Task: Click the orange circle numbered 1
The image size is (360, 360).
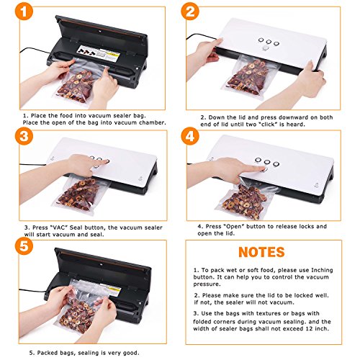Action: point(24,12)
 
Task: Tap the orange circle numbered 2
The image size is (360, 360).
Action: point(190,12)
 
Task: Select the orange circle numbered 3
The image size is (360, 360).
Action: point(24,136)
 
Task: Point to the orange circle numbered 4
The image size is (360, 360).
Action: point(190,136)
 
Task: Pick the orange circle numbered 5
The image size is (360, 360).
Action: point(24,246)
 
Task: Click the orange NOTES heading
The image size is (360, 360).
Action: point(261,252)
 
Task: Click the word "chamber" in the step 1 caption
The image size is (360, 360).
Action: point(153,122)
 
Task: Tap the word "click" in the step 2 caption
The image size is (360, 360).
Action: point(269,125)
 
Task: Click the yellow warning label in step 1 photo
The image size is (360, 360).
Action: point(113,57)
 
